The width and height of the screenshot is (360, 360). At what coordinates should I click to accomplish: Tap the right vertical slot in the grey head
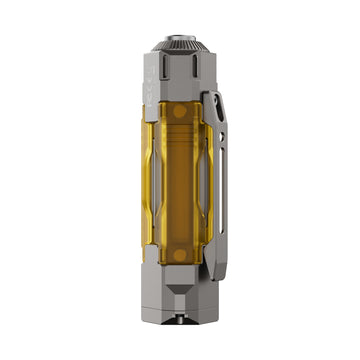(197, 75)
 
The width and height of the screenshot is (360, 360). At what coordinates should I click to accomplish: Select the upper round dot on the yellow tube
(180, 113)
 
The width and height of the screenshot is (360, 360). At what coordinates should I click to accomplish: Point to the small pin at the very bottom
(181, 346)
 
